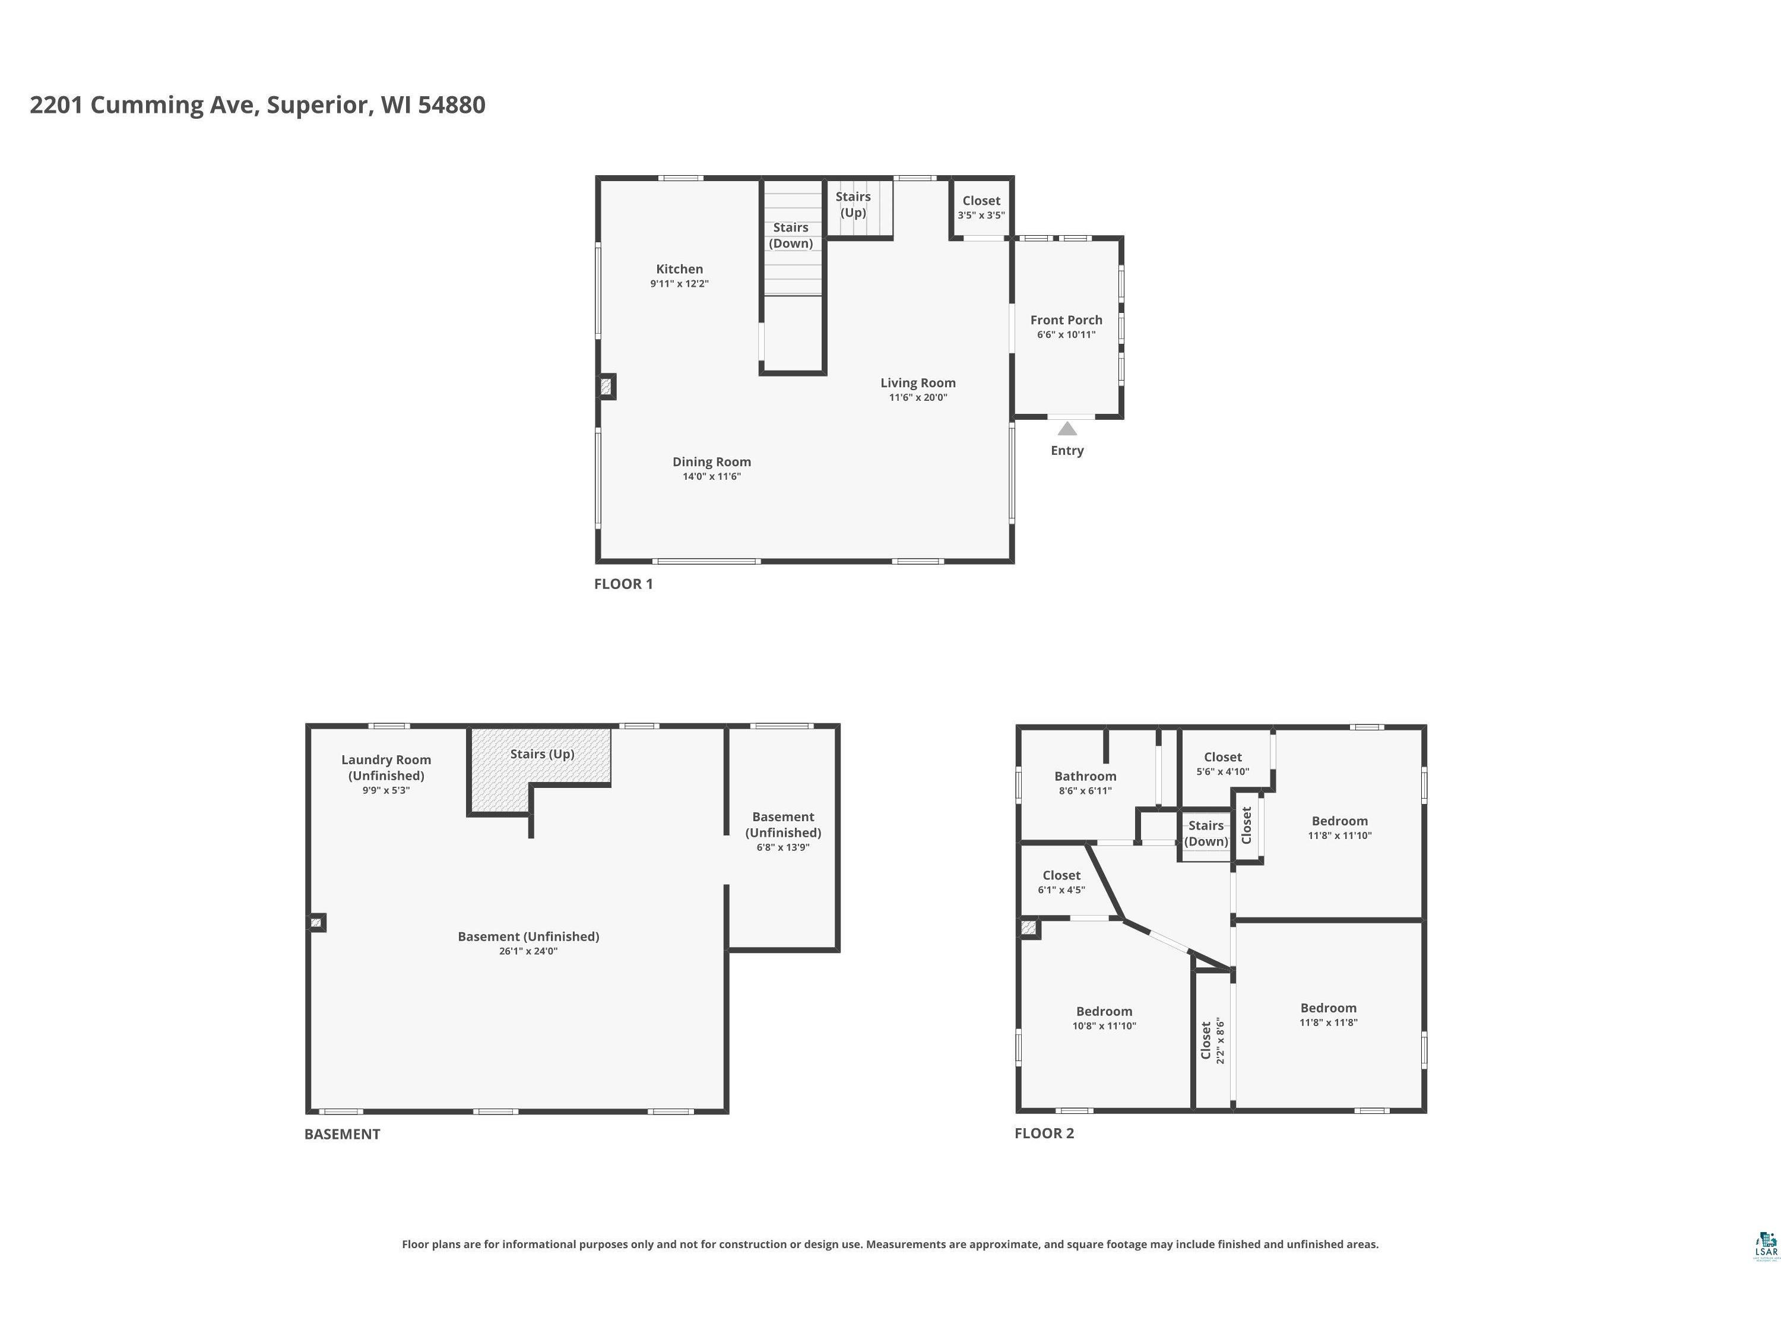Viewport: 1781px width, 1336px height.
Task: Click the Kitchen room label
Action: (x=680, y=269)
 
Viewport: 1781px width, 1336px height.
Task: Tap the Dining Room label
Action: (x=712, y=461)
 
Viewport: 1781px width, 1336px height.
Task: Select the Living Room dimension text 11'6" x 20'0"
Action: (x=918, y=397)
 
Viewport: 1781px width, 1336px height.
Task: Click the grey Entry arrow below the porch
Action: (x=1067, y=429)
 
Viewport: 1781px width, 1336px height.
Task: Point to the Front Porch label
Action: (x=1066, y=319)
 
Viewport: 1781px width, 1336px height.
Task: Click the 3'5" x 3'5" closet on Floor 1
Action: (x=981, y=207)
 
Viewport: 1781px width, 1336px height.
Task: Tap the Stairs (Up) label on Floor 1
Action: (x=853, y=204)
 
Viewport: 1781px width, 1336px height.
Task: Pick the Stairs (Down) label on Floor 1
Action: (x=791, y=235)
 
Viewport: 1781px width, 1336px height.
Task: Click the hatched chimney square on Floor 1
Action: (x=606, y=387)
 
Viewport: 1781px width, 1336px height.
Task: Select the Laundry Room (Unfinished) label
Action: (x=386, y=767)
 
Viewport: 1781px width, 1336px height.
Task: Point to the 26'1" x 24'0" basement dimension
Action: (x=528, y=951)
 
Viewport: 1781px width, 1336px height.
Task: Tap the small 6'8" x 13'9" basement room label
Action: (x=784, y=831)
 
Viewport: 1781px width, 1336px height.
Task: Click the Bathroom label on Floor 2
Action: (x=1085, y=776)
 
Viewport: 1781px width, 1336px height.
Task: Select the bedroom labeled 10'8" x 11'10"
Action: (x=1104, y=1018)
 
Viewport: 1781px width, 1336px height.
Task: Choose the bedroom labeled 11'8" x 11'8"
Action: (x=1329, y=1015)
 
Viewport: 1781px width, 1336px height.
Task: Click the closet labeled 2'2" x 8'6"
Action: (x=1212, y=1040)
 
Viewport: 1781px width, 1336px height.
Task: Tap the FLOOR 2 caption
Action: (x=1044, y=1133)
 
